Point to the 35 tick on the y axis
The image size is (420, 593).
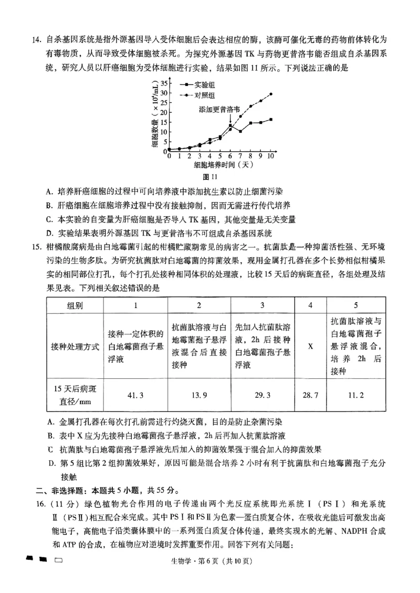tap(163, 83)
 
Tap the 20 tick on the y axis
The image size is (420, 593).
tap(163, 112)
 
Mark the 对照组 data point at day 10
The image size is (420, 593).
tap(271, 94)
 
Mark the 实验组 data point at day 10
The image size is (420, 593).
tap(271, 120)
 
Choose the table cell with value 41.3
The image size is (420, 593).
tap(135, 394)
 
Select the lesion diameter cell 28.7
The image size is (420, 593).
tap(310, 394)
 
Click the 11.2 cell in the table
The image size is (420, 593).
tap(355, 394)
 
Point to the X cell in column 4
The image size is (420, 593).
tap(310, 346)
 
